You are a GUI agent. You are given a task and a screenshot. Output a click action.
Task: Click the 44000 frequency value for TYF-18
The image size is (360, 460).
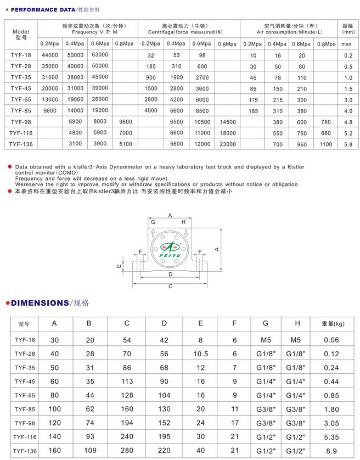coord(50,55)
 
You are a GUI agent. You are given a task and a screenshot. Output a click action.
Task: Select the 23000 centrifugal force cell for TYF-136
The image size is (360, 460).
coord(228,144)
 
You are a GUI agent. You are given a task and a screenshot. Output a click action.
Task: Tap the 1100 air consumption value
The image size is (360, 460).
coord(326,144)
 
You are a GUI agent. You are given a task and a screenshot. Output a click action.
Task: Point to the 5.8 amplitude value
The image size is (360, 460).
coord(347,144)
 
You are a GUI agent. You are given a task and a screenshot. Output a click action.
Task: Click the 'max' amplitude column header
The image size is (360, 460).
coord(347,44)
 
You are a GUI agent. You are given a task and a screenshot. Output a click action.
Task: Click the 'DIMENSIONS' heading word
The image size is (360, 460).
coord(37,302)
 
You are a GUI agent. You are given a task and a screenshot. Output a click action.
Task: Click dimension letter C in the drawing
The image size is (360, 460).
coord(171,287)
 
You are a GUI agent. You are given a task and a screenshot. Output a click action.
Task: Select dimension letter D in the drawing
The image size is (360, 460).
coord(171,274)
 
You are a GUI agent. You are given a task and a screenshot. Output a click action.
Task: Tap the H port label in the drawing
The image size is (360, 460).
coord(183,222)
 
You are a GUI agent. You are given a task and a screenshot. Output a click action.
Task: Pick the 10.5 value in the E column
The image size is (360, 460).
coord(200,354)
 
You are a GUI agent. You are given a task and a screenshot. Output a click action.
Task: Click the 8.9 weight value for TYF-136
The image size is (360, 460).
coord(331,450)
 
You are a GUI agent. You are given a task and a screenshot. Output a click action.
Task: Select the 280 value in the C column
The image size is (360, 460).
coord(127,450)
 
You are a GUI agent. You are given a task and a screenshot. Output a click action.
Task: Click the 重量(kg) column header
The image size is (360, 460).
coord(331,324)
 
